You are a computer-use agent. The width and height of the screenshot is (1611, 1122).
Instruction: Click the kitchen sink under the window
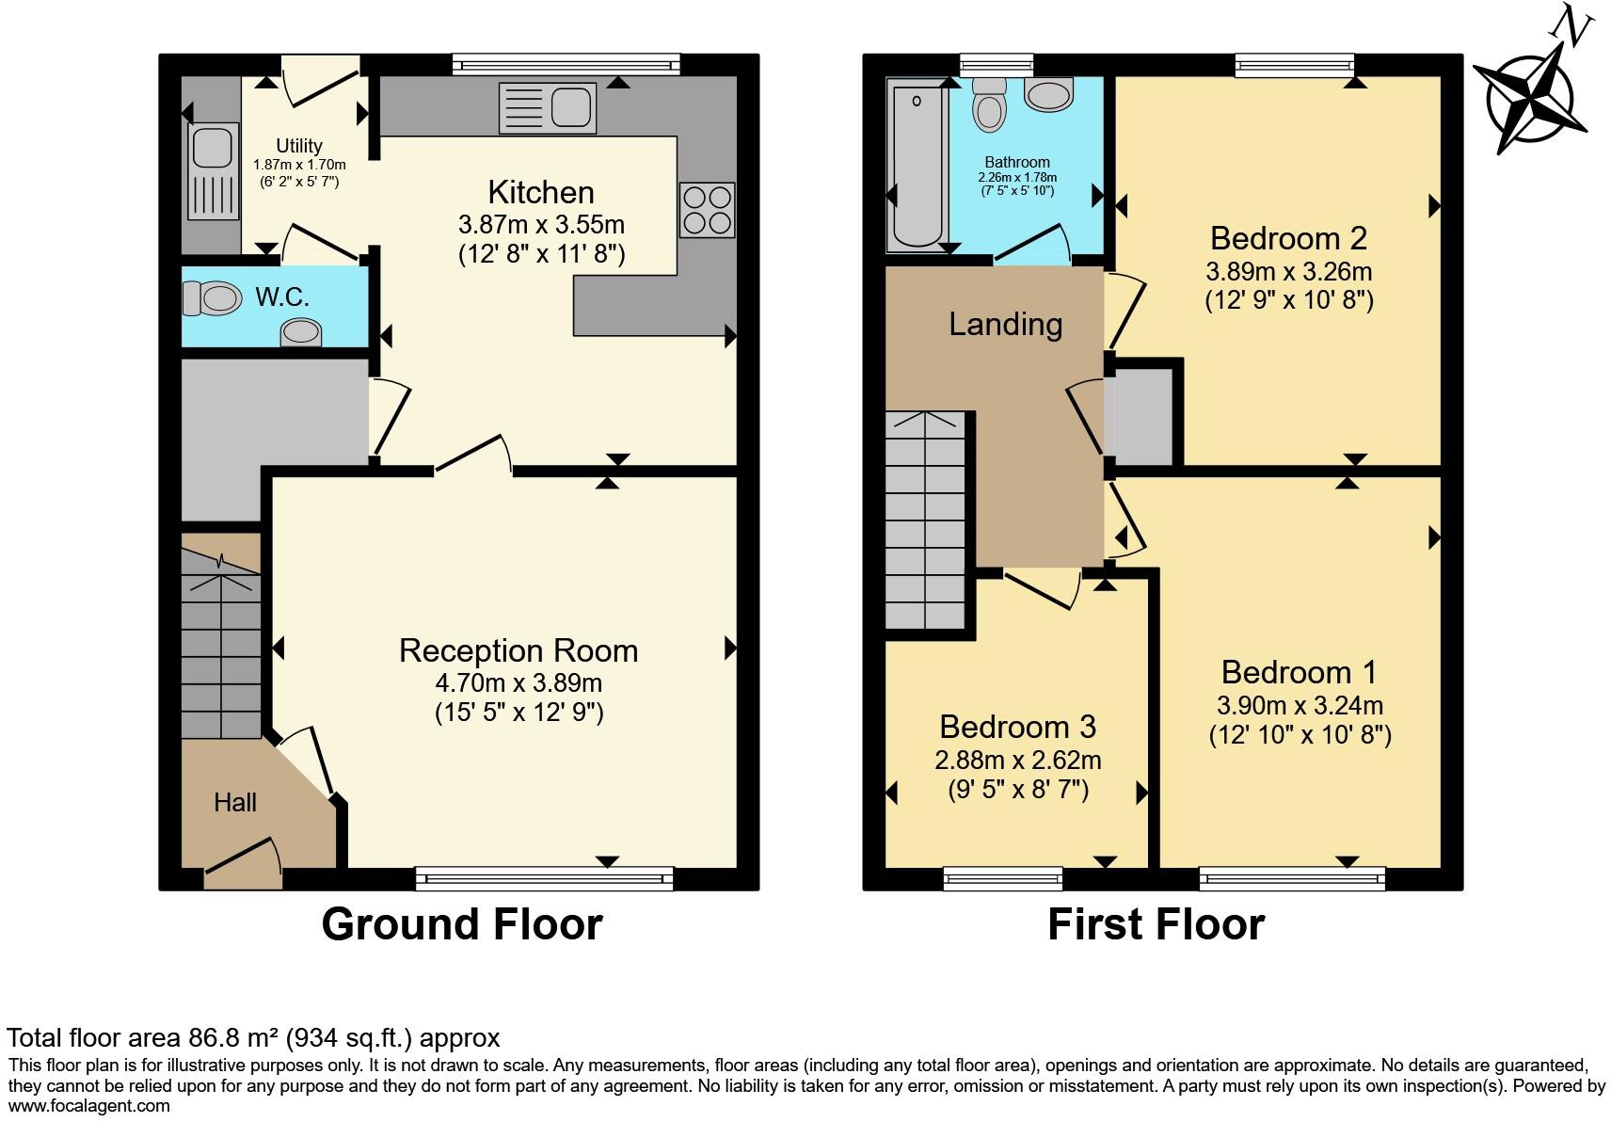click(549, 107)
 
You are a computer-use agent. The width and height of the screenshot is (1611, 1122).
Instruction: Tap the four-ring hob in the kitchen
click(706, 210)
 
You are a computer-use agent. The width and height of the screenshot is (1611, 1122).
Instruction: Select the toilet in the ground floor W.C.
click(212, 298)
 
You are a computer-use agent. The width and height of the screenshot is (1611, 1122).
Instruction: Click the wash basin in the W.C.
click(301, 332)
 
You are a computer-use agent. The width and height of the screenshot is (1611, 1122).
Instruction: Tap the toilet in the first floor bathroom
click(989, 104)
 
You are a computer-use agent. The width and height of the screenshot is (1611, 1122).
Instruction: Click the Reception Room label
click(518, 650)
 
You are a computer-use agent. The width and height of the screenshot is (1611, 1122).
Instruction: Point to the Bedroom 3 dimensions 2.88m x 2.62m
click(1017, 760)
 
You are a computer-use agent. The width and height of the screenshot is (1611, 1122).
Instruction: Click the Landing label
click(1005, 324)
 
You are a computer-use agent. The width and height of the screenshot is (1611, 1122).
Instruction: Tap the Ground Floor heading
click(461, 924)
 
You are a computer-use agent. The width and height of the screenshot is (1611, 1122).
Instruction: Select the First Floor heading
click(1156, 924)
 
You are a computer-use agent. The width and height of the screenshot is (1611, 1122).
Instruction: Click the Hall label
click(234, 802)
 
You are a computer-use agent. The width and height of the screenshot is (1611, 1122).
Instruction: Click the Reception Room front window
click(545, 879)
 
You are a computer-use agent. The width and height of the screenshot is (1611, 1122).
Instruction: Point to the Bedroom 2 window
click(1294, 64)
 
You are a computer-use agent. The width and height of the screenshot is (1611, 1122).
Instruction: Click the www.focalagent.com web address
click(89, 1106)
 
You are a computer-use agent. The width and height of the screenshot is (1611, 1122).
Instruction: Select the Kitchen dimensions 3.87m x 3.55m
click(541, 225)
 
